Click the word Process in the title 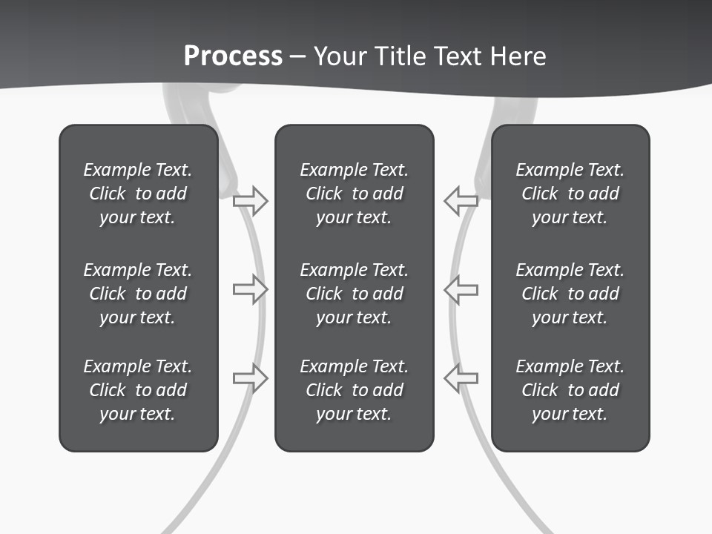click(x=233, y=56)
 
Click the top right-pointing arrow click(x=251, y=201)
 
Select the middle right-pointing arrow click(x=251, y=289)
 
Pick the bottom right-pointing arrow click(x=251, y=378)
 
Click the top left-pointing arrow click(x=461, y=200)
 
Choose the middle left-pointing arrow click(x=461, y=289)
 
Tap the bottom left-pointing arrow click(x=461, y=378)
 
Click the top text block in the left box click(x=138, y=194)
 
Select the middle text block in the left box click(x=138, y=294)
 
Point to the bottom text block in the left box click(x=138, y=390)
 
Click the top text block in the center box click(x=354, y=194)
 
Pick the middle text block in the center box click(x=354, y=294)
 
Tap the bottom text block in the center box click(x=354, y=390)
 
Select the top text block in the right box click(x=570, y=194)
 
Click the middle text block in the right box click(x=570, y=294)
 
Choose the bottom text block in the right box click(x=570, y=390)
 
